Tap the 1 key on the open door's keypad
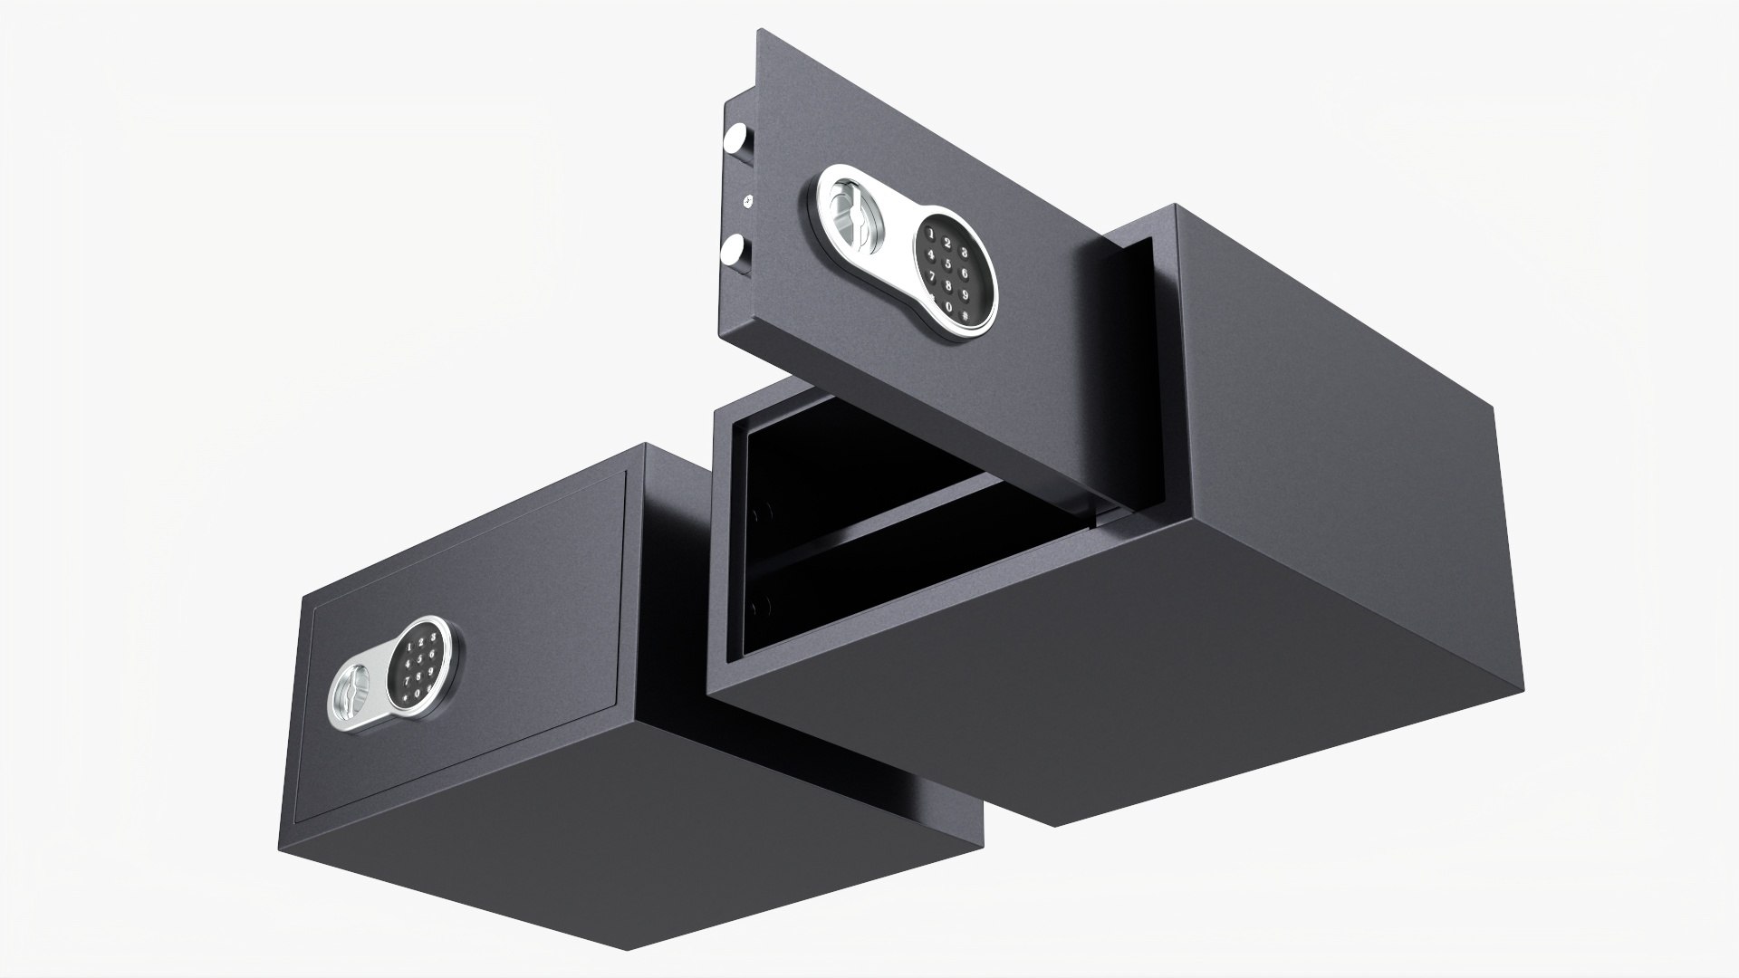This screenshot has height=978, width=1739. [x=931, y=234]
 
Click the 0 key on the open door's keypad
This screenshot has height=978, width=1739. [x=948, y=307]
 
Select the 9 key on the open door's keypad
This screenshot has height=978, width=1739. [x=966, y=296]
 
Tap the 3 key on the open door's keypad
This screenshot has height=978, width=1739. [x=965, y=253]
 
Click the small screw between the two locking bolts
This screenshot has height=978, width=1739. [x=748, y=201]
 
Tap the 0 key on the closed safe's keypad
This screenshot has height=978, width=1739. [x=418, y=694]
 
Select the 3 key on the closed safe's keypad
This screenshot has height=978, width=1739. [x=433, y=637]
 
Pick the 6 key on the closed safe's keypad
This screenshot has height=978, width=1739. [x=432, y=654]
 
